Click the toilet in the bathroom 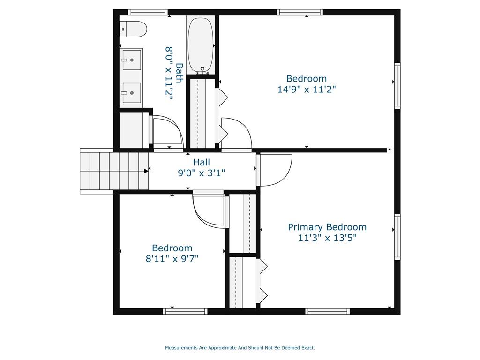pos(133,29)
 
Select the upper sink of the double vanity pos(132,60)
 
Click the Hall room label pos(202,162)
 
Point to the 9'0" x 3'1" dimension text pos(202,173)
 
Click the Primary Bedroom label pos(327,227)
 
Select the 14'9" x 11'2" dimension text pos(307,90)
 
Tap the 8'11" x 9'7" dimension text pos(172,259)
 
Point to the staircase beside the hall pos(114,171)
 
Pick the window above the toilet pos(148,12)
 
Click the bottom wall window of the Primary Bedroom pos(328,311)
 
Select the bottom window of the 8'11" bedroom pos(185,311)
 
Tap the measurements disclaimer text pos(240,348)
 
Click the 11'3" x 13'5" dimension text pos(328,238)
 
